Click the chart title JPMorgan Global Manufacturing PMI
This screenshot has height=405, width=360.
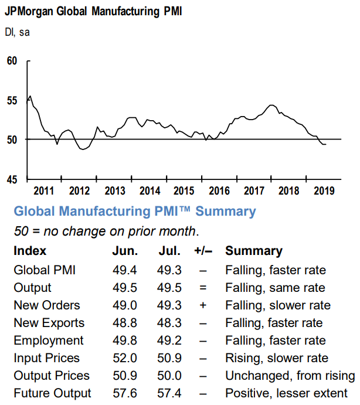tap(93, 12)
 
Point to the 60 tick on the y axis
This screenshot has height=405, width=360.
tap(12, 61)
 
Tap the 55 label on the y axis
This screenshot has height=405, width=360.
tap(12, 100)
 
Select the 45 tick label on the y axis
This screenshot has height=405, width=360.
tap(12, 179)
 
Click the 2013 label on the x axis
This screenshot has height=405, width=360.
tap(115, 191)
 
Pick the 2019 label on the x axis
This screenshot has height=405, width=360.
tap(324, 191)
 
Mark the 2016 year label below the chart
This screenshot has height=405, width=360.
tap(219, 191)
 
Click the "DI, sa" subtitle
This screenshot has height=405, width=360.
tap(17, 33)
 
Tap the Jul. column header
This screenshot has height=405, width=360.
tap(169, 251)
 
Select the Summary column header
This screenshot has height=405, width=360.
tap(254, 251)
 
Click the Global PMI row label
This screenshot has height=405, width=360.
tap(45, 270)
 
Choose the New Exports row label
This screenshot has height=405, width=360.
tap(49, 323)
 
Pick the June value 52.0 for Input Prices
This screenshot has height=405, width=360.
tap(125, 358)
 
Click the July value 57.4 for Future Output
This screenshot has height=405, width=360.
tap(169, 393)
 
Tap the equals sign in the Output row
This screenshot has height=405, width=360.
tap(203, 288)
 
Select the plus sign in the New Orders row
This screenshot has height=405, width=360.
tap(203, 305)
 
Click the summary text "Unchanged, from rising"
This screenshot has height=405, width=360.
tap(290, 376)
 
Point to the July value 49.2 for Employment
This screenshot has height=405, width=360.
tap(169, 341)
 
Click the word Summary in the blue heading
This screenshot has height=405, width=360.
tap(226, 212)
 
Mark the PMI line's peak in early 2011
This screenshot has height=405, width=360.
tap(30, 96)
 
